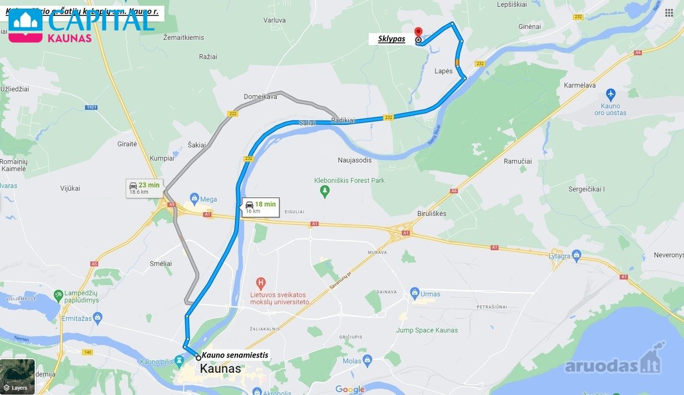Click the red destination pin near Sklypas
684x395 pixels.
coord(418,31)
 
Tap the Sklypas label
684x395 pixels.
coord(392,39)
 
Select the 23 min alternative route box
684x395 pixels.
coord(145,188)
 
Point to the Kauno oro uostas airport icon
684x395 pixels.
coord(611,93)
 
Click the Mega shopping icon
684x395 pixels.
coord(194,199)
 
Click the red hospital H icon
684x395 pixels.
coord(261,283)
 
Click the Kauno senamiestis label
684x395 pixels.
coord(235,355)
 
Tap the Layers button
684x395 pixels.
coord(18,376)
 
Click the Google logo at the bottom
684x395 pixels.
coord(349,389)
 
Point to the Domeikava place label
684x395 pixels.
coord(260,97)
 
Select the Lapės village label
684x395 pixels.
coord(443,71)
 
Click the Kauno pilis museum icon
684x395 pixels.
coord(180,361)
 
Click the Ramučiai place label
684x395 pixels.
coord(518,161)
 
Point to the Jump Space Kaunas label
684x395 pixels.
coord(427,330)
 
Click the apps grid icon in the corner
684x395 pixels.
coord(669,13)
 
